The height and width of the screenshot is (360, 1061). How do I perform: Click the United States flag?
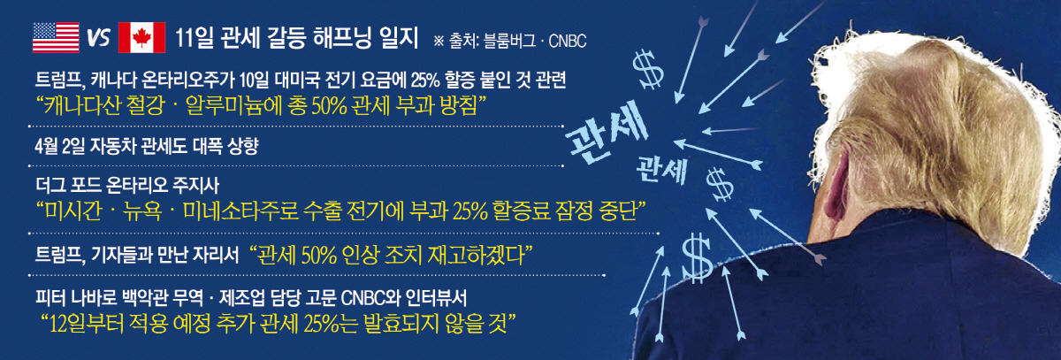56,37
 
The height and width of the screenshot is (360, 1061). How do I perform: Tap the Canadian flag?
141,37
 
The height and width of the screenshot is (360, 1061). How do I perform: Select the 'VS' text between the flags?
98,37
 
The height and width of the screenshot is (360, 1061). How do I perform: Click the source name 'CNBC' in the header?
567,42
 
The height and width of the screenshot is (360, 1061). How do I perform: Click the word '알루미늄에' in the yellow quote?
232,105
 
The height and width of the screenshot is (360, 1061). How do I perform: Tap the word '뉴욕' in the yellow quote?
142,211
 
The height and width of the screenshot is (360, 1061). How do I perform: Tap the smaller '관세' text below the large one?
661,169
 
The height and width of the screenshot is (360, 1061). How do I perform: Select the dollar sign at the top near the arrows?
648,70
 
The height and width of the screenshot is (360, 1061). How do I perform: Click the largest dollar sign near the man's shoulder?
697,258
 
